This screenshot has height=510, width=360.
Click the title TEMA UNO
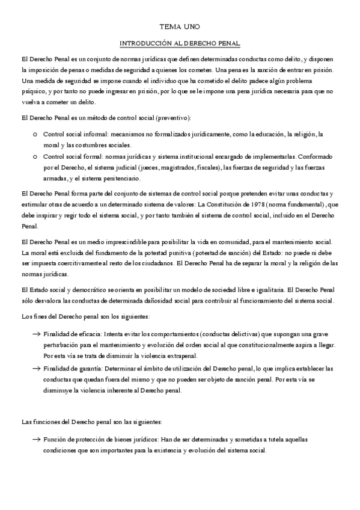click(180, 27)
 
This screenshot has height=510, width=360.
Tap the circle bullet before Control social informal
click(36, 134)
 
